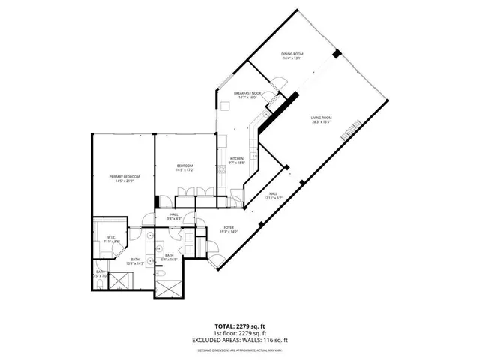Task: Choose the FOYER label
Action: pos(228,228)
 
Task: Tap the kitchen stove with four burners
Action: pos(254,156)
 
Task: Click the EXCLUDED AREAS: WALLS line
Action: pos(240,339)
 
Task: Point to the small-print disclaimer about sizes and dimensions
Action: pos(240,348)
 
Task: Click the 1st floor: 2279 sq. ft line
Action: pos(240,333)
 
